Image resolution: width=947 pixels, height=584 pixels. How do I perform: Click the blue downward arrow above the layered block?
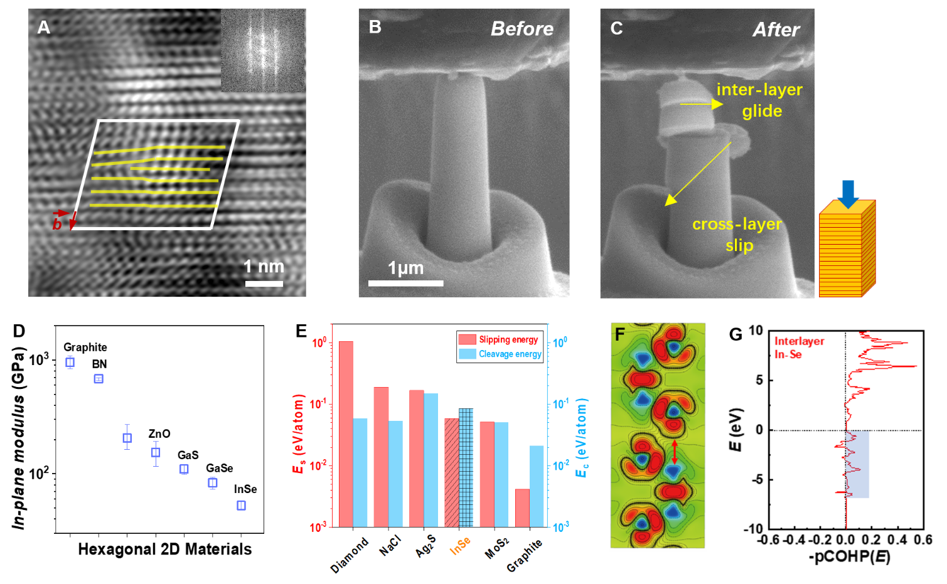(848, 193)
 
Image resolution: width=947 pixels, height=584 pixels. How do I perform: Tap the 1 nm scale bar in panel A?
(264, 284)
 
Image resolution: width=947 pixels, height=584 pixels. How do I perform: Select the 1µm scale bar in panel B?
(405, 283)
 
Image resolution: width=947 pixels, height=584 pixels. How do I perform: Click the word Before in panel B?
(522, 29)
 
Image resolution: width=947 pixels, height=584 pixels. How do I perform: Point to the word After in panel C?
(776, 29)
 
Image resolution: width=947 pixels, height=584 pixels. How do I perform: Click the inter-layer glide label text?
(760, 100)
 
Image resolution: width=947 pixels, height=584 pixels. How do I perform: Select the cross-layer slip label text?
(737, 235)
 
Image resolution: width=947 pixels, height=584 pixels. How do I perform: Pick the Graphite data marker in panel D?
(70, 363)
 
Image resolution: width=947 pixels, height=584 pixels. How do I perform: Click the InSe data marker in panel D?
(241, 506)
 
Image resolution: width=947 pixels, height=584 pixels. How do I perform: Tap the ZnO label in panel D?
(159, 434)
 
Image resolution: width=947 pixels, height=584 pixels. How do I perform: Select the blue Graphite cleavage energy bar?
(537, 486)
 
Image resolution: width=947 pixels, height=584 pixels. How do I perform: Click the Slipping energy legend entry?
(500, 339)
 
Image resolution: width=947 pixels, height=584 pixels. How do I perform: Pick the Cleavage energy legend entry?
(501, 354)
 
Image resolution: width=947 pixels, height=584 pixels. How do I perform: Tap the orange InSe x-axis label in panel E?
(460, 546)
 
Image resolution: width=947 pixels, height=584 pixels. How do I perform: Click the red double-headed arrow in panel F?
(675, 452)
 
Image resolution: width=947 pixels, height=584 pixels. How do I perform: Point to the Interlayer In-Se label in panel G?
(798, 348)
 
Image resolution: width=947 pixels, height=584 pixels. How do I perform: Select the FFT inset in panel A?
(263, 50)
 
